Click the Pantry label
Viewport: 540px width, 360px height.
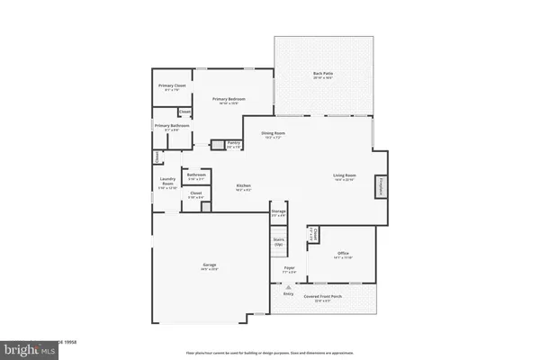pos(233,143)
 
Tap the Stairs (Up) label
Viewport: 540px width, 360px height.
pos(278,243)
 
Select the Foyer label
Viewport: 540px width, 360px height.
pos(290,268)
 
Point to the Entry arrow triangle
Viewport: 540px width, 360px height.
pos(289,287)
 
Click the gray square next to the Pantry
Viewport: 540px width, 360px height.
pos(217,144)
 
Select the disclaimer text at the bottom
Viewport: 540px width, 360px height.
pos(270,352)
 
